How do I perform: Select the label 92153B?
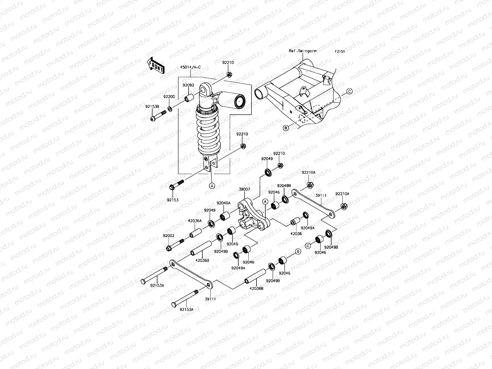click(152, 106)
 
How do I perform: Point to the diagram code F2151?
click(340, 52)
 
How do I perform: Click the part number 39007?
click(244, 190)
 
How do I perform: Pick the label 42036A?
click(195, 221)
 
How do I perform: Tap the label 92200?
click(169, 97)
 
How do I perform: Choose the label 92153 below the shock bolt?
click(173, 200)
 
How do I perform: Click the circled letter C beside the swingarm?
click(349, 91)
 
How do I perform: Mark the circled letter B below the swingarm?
click(286, 128)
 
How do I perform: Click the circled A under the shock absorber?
click(212, 185)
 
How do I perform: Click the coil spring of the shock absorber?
click(209, 132)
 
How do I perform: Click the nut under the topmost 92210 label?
click(229, 75)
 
